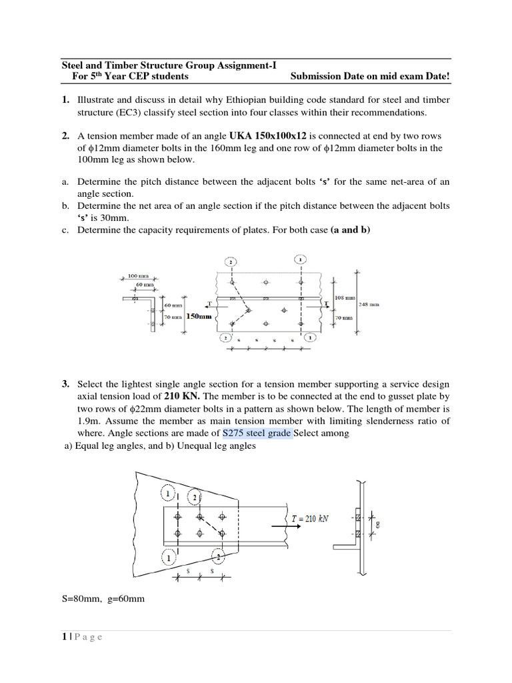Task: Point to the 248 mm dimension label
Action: tap(369, 303)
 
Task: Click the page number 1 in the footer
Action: tap(64, 637)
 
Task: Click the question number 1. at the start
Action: tap(65, 100)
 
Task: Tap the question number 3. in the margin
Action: tap(65, 385)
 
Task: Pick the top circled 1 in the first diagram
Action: tap(301, 258)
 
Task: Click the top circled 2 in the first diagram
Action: tap(231, 261)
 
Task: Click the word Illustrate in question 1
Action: tap(97, 100)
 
